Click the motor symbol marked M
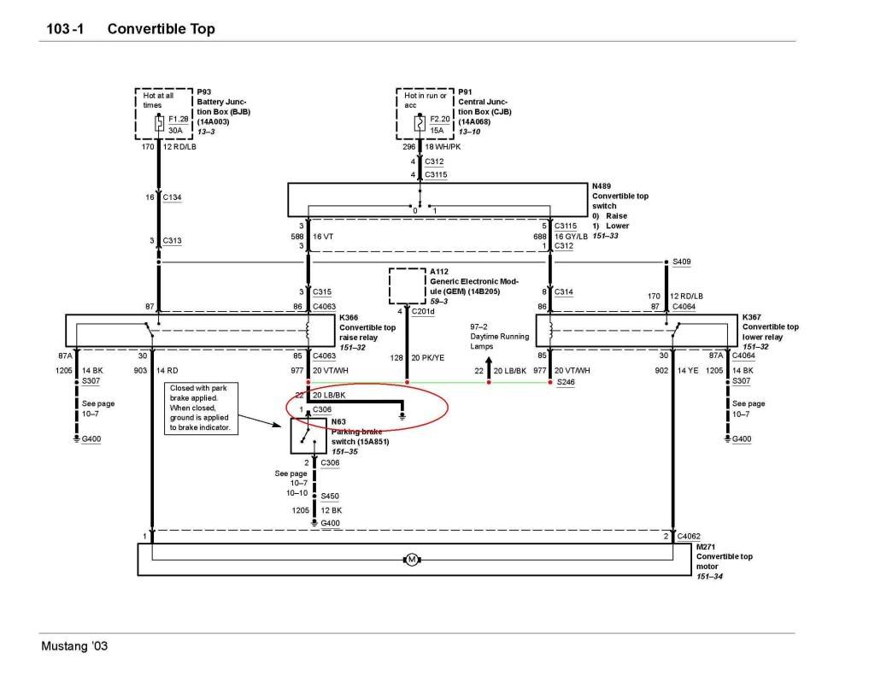tap(411, 560)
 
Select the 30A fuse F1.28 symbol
tap(159, 124)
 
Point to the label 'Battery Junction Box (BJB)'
tap(223, 107)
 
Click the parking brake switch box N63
tap(306, 437)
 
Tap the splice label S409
tap(682, 262)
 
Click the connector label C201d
tap(423, 311)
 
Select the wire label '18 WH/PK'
tap(443, 147)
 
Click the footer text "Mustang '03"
tap(75, 646)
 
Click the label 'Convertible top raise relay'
tap(367, 332)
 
